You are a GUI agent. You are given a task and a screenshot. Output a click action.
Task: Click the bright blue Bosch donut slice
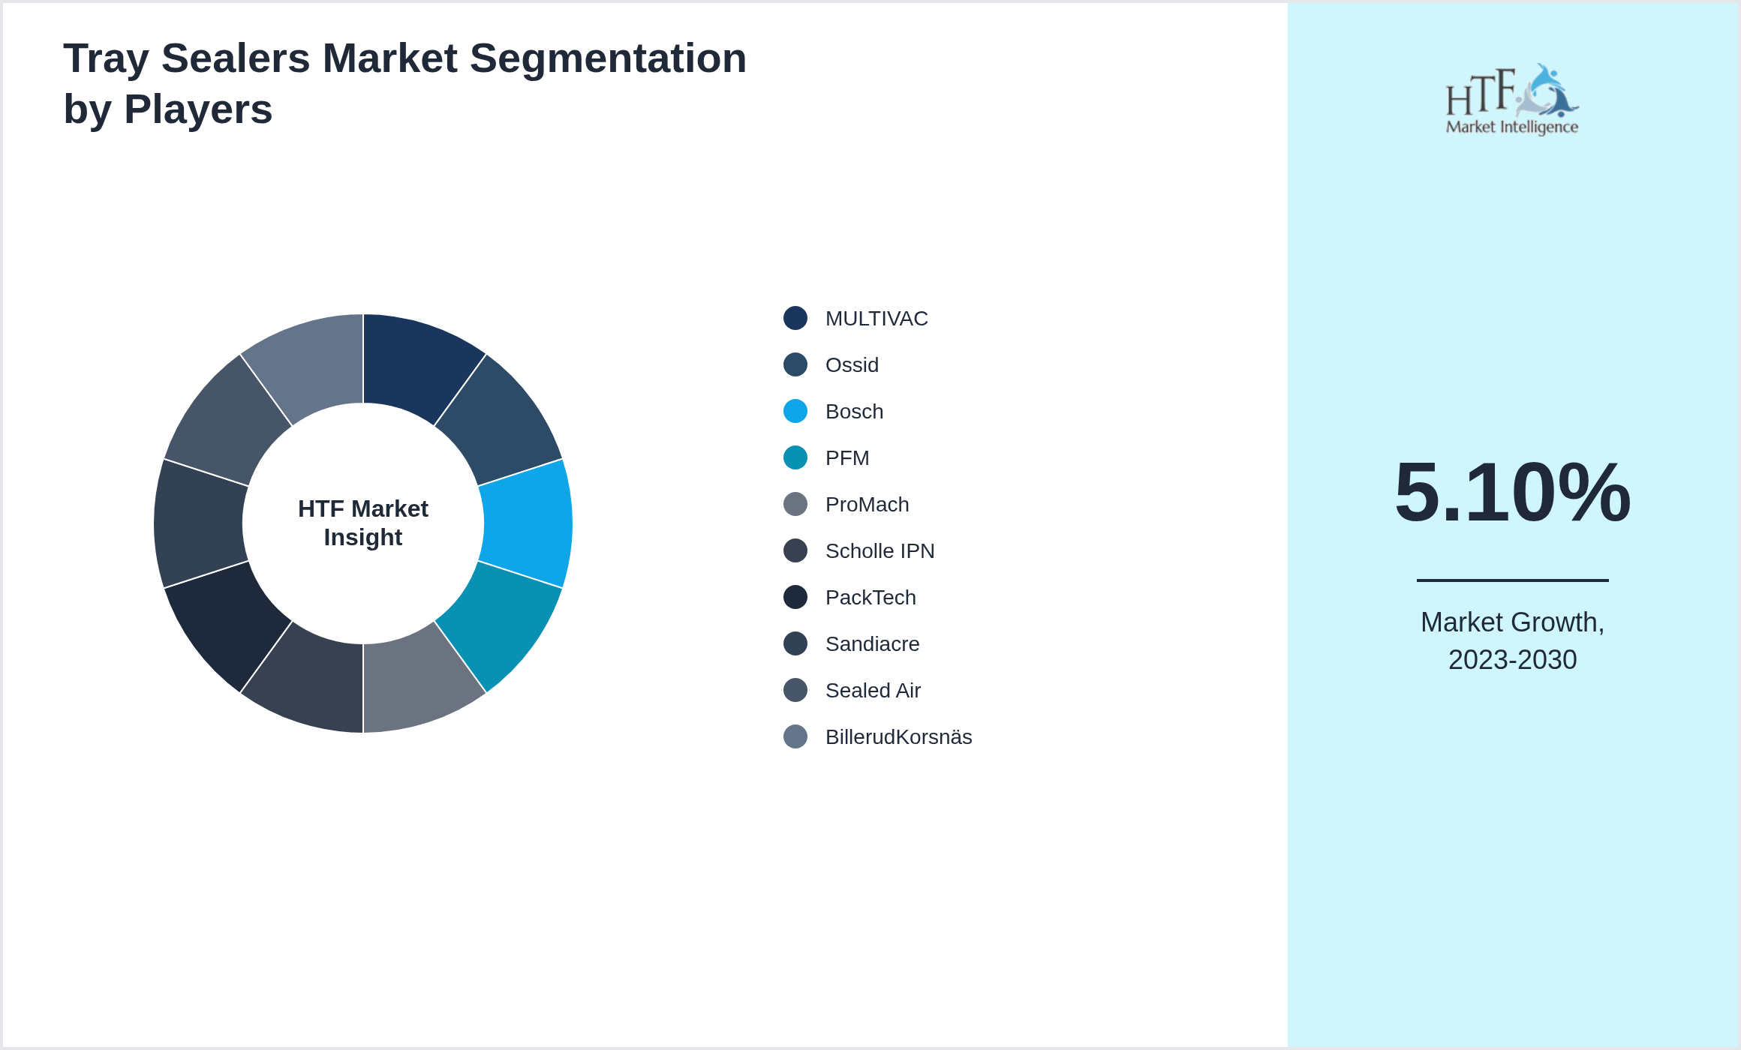click(528, 523)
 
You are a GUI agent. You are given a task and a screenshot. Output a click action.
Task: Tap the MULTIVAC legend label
click(877, 319)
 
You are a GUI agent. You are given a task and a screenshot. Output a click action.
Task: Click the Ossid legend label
click(852, 365)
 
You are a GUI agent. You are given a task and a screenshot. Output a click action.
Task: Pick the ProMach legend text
click(867, 505)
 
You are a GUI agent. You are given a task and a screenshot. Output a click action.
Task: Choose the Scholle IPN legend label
click(880, 551)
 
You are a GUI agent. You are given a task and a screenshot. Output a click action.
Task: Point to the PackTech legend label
click(870, 598)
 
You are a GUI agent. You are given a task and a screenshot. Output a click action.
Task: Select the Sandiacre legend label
click(872, 644)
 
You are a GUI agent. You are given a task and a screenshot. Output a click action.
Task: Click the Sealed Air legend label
click(873, 691)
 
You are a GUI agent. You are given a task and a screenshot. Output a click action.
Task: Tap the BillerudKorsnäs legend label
click(898, 737)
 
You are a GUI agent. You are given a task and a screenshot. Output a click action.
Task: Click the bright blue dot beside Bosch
click(795, 411)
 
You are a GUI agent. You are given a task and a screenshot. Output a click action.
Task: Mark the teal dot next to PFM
click(795, 457)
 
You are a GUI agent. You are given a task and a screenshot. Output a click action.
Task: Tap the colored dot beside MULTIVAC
click(795, 318)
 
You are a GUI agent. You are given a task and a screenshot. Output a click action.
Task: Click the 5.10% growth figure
click(1512, 492)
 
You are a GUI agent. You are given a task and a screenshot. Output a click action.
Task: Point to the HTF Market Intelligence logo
click(1512, 99)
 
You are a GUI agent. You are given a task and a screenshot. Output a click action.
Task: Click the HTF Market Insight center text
click(363, 523)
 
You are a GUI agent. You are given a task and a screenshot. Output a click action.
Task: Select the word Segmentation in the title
click(608, 58)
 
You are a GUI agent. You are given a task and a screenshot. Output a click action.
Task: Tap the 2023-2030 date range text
click(1512, 660)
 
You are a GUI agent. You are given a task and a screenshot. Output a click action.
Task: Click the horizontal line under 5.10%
click(1512, 580)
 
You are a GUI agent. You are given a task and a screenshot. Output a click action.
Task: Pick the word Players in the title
click(198, 109)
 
